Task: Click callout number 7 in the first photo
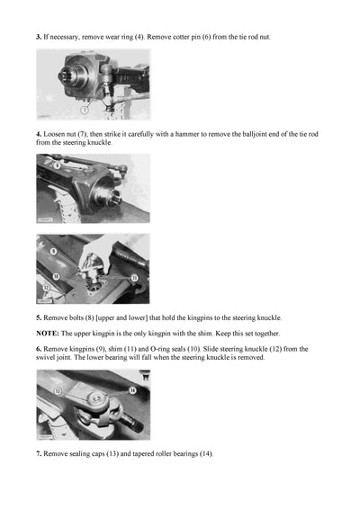85,111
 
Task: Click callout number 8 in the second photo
57,165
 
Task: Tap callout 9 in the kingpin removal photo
53,253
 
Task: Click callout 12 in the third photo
46,288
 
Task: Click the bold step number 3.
39,37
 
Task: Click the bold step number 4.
39,134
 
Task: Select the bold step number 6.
39,348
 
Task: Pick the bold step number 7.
39,452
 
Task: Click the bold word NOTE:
49,334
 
